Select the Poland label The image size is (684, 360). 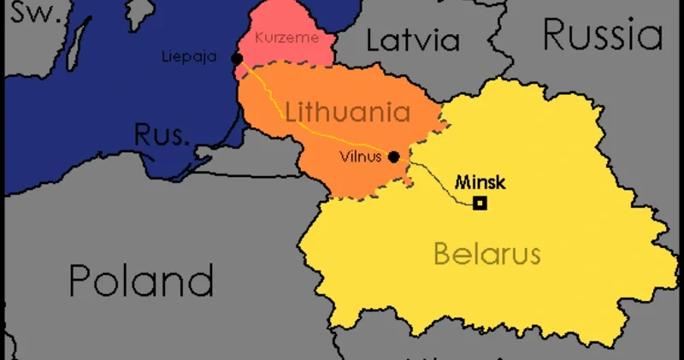(140, 279)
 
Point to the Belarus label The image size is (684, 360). (486, 253)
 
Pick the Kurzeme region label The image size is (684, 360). (286, 38)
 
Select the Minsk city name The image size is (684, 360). (481, 181)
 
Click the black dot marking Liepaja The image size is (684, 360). (237, 58)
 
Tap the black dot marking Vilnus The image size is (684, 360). (393, 156)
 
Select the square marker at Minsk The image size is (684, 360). (481, 203)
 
